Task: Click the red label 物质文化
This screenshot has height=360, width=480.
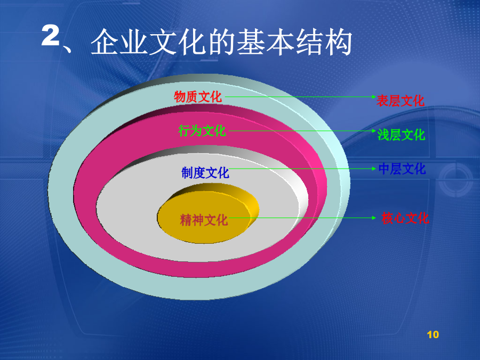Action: coord(198,97)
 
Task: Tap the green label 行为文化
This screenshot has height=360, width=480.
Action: coord(202,131)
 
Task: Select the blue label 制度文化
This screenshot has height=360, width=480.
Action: coord(205,173)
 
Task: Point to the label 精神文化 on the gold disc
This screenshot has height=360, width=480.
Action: coord(204,220)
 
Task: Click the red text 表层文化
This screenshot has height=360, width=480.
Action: coord(401,101)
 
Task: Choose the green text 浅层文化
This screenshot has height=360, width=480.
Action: coord(401,135)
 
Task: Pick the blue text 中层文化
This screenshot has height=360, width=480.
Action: coord(402,169)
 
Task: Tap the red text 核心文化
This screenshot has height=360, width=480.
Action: coord(405,218)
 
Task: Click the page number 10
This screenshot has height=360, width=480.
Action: coord(433,334)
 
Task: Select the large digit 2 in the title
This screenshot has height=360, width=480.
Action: coord(51,36)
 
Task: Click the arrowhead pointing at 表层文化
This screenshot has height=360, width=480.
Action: coord(374,97)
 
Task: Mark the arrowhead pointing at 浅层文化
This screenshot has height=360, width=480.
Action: coord(374,131)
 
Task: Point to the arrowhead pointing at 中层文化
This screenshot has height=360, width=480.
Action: coord(374,169)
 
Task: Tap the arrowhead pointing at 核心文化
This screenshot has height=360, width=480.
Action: coord(374,218)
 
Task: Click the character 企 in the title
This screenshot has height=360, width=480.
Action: coord(105,42)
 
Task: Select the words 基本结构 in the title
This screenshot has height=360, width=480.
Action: coord(294,42)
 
